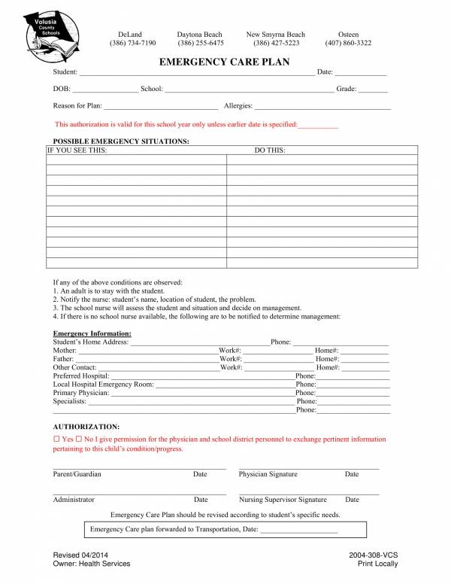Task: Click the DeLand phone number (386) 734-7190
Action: click(132, 44)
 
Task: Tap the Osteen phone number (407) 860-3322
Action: click(348, 44)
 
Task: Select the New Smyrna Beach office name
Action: click(276, 35)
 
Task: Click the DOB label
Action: click(62, 90)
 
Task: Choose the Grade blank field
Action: click(374, 90)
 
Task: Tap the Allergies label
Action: click(238, 107)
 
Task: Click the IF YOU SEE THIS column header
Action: click(77, 151)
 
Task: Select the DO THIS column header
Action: click(269, 151)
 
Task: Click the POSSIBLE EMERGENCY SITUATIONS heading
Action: click(121, 141)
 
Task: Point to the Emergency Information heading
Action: click(92, 333)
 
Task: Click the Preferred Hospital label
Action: click(81, 376)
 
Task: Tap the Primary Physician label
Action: click(80, 393)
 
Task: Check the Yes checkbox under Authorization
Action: click(56, 439)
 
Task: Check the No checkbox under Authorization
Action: click(79, 439)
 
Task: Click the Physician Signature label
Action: click(268, 475)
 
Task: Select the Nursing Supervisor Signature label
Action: click(283, 500)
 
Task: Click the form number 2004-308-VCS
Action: click(373, 555)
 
